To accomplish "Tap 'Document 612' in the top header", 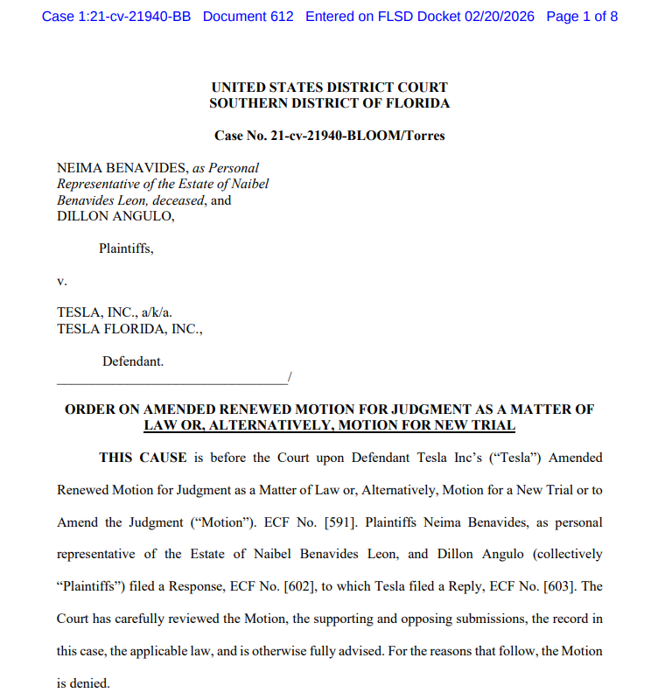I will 248,17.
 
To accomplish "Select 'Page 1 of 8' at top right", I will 582,17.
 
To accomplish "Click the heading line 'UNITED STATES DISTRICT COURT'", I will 329,87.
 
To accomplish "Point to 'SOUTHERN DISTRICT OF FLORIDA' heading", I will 329,103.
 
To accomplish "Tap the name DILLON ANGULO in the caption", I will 115,216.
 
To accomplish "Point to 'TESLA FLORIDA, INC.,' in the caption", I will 130,329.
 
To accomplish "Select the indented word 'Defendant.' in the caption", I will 133,360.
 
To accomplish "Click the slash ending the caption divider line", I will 289,377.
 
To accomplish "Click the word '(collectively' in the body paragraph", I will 561,555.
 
